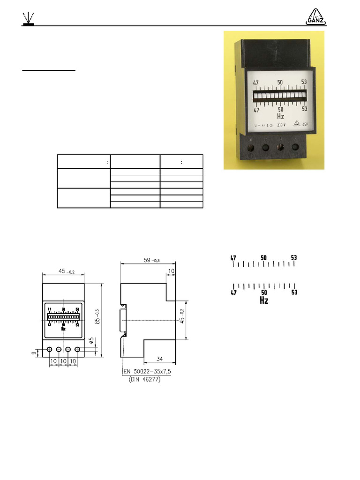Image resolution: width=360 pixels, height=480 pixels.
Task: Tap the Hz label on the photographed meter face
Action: point(280,116)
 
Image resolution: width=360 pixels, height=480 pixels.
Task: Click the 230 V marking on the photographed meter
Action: point(281,125)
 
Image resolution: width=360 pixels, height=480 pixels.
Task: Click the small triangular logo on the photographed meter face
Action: point(295,124)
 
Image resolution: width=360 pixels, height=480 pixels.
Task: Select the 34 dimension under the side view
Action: point(160,359)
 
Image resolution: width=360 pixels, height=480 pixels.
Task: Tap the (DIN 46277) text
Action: point(144,380)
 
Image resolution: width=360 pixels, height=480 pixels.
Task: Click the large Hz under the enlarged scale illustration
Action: point(264,300)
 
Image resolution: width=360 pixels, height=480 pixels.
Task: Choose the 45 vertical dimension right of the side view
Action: point(182,315)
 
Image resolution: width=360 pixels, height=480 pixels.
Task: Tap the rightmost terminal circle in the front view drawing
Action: point(77,350)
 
